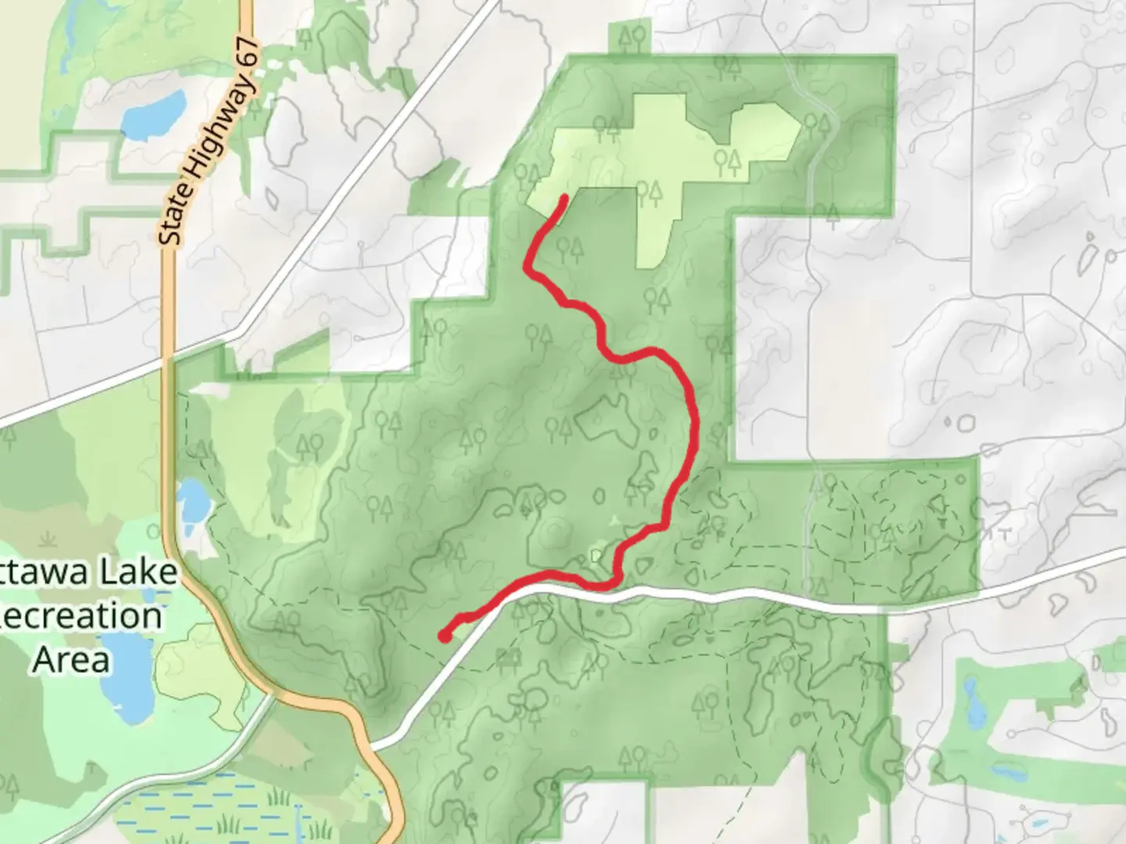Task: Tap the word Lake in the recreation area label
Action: (134, 573)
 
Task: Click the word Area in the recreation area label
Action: (71, 659)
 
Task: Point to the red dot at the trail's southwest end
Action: (444, 636)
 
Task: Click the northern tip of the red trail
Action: (564, 197)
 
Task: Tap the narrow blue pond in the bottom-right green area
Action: (972, 699)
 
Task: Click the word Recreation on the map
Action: (82, 616)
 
